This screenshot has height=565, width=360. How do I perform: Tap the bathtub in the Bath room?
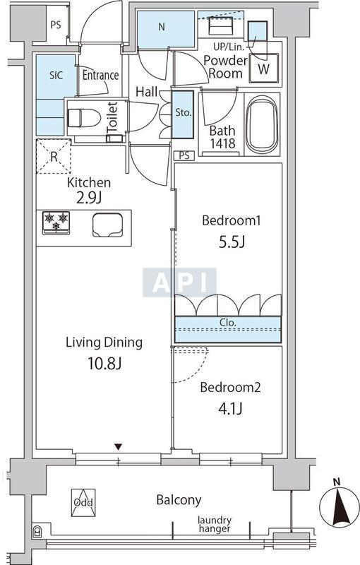[x=262, y=124]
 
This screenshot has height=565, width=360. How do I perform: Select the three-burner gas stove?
[x=56, y=222]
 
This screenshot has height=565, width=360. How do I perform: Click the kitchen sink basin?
[x=108, y=225]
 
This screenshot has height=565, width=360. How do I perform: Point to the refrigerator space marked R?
[x=54, y=157]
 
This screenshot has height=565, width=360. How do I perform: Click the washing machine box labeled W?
[x=263, y=69]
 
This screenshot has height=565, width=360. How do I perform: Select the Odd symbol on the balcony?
[x=83, y=502]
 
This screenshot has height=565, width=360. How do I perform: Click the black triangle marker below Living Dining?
[x=119, y=447]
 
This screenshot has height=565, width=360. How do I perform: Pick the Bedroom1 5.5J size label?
[x=232, y=242]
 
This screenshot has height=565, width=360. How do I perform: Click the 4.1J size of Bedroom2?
[x=230, y=409]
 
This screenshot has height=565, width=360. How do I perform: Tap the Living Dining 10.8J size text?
[x=104, y=364]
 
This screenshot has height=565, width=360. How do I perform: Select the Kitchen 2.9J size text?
[x=89, y=198]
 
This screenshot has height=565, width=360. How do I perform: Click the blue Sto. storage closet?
[x=183, y=114]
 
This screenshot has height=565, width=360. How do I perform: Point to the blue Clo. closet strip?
[x=228, y=329]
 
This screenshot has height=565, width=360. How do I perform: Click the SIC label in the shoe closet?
[x=56, y=75]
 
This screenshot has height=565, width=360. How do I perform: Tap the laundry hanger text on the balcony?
[x=215, y=524]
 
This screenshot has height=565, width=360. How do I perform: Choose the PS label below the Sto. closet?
[x=184, y=156]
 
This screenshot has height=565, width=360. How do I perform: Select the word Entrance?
[x=100, y=75]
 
